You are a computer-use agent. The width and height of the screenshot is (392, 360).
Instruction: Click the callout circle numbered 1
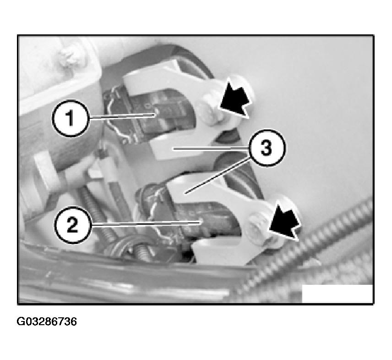point(71,118)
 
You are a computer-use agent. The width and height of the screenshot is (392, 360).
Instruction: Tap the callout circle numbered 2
point(73,225)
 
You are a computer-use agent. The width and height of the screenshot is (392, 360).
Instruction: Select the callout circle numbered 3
point(266,148)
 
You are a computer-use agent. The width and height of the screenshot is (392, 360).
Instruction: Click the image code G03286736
point(47,321)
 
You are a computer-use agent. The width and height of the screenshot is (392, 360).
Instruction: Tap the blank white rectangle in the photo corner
point(337,294)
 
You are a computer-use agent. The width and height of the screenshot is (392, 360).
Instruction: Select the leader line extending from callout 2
point(146,223)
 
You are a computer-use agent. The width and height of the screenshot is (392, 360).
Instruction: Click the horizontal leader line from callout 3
point(211,149)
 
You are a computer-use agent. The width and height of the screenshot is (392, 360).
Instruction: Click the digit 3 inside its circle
point(266,148)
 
